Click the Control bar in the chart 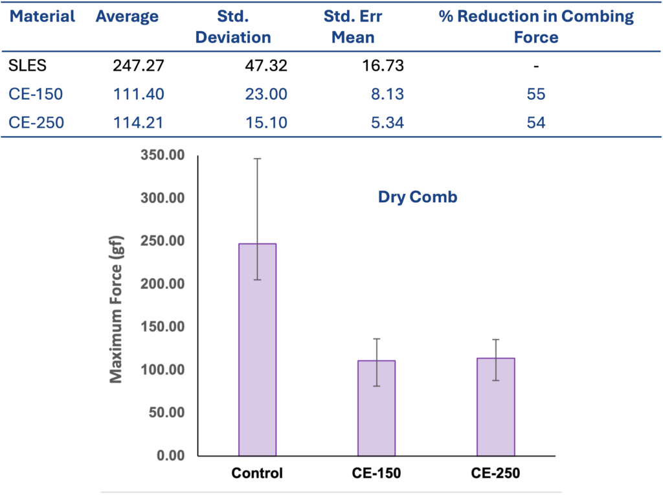coord(257,350)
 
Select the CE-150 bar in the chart coord(376,408)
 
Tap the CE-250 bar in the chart coord(495,407)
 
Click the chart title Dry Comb coord(417,197)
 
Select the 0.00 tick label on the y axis coord(170,455)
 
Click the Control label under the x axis coord(257,474)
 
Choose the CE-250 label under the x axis coord(495,474)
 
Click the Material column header coord(42,17)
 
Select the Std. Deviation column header coord(233,27)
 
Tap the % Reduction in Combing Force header coord(536,27)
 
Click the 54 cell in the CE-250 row coord(536,122)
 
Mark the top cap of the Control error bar coord(257,158)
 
